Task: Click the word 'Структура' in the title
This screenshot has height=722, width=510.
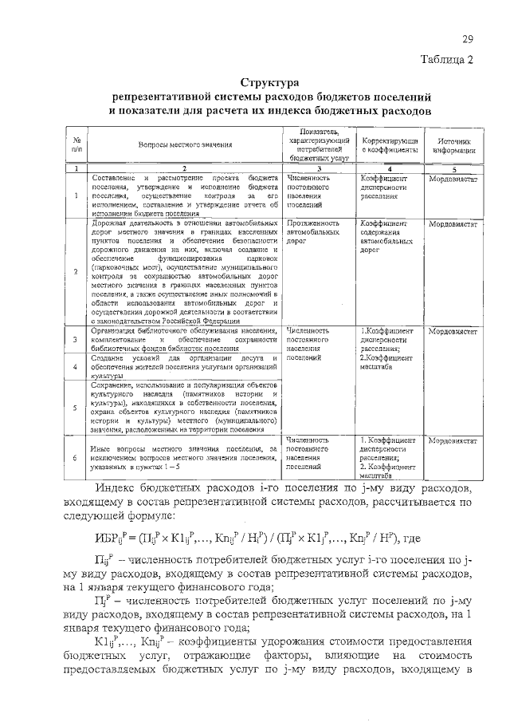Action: (x=269, y=82)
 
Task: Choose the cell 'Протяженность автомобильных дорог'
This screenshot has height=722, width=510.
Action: (x=308, y=231)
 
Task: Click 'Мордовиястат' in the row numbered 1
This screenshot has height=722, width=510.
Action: (x=453, y=180)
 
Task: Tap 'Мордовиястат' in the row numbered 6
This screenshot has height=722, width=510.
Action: (x=453, y=440)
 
